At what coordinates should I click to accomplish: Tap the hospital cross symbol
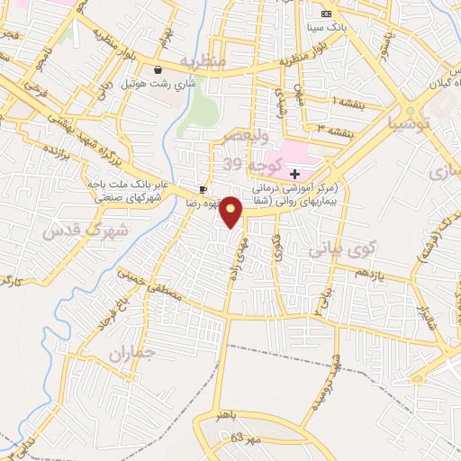pos(294,172)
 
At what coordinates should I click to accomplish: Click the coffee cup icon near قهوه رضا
pos(203,189)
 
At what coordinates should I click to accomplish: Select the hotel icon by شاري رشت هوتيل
pos(158,69)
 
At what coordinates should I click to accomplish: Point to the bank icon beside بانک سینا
pos(326,14)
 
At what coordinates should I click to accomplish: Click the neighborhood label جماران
pos(132,353)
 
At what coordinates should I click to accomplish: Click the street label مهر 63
pos(242,438)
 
